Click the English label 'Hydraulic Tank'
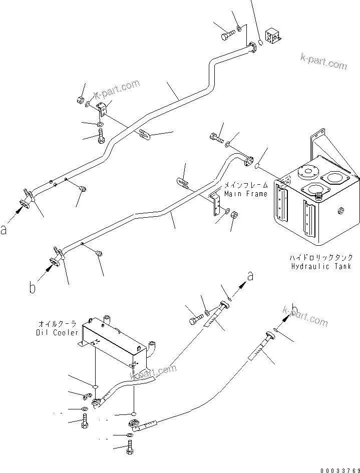click(x=321, y=266)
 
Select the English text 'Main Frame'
click(x=246, y=194)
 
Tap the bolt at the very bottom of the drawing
click(x=130, y=450)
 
